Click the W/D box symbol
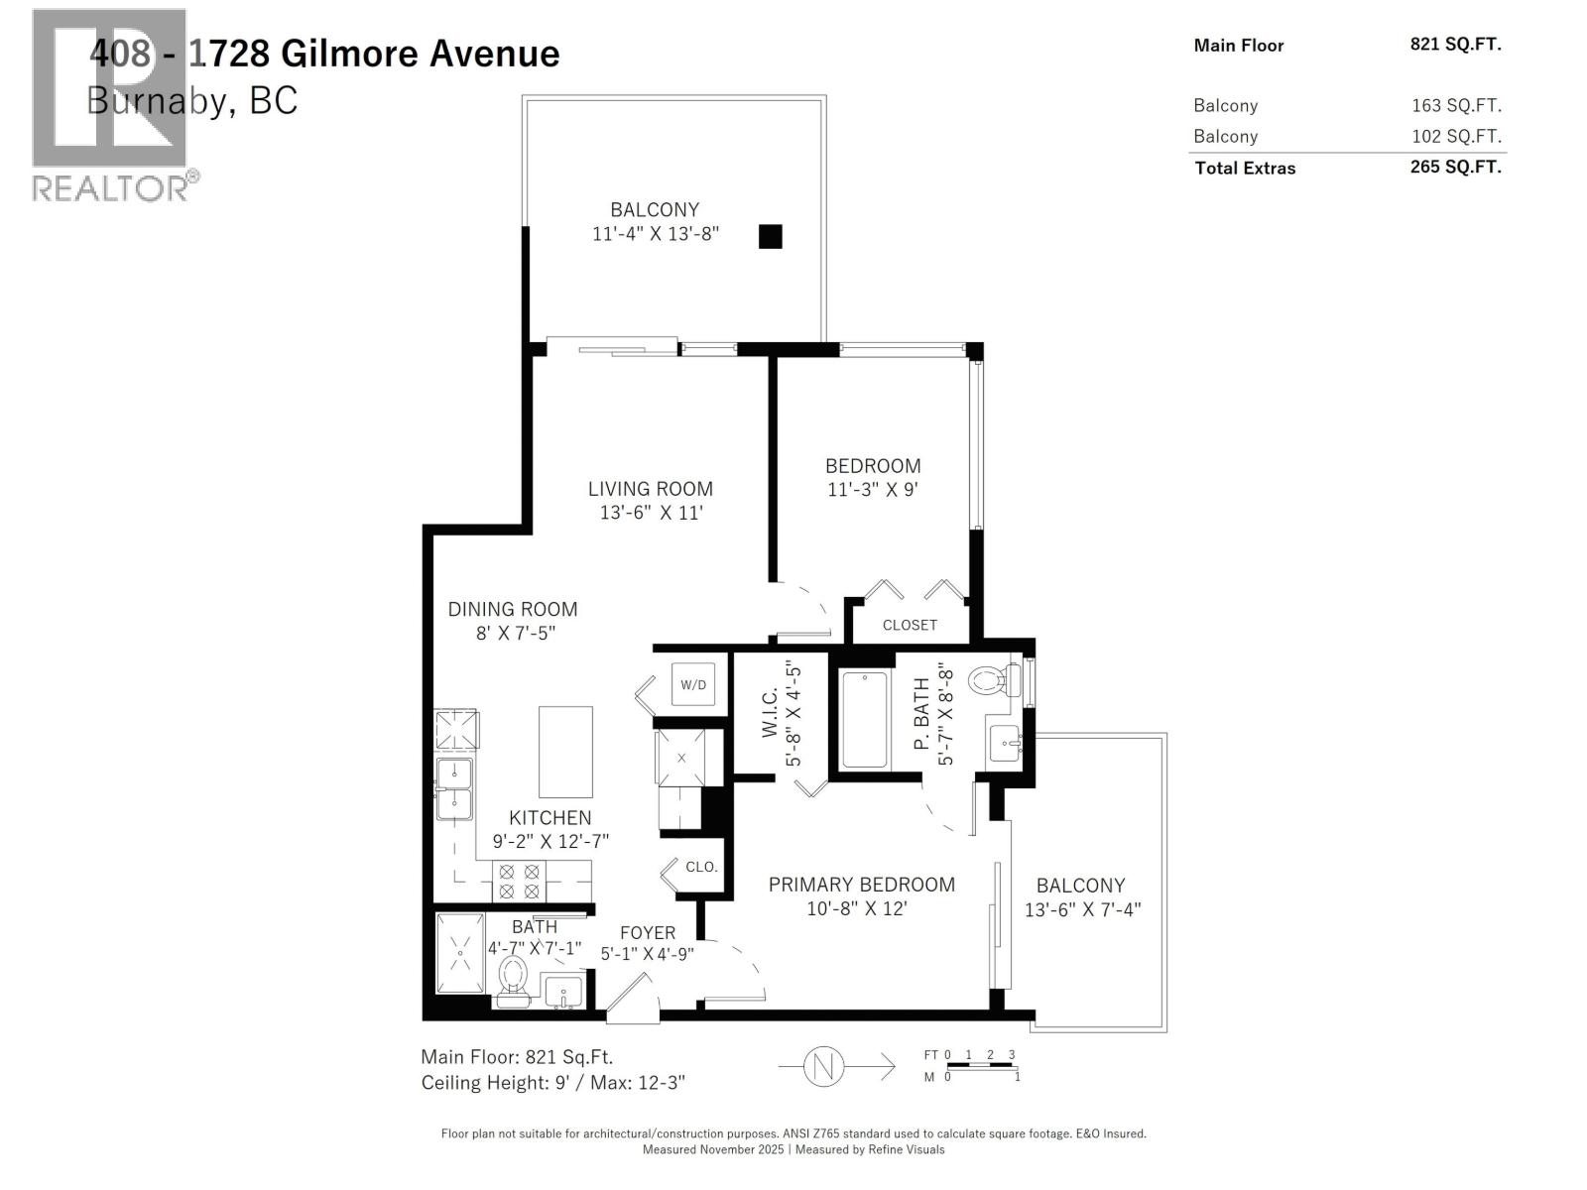coord(693,684)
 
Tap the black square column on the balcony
coord(770,236)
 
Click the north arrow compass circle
coord(822,1066)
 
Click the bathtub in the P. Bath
coord(865,719)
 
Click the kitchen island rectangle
coord(565,752)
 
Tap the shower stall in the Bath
coord(460,953)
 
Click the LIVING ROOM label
coord(650,489)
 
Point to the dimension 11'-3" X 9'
coord(873,489)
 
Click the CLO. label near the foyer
coord(701,867)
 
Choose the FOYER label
coord(648,933)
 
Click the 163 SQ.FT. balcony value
coord(1456,106)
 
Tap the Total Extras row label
coord(1245,169)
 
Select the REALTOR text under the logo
coord(109,188)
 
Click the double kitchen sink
coord(454,788)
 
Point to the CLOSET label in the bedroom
coord(910,625)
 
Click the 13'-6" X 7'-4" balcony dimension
coord(1082,909)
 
